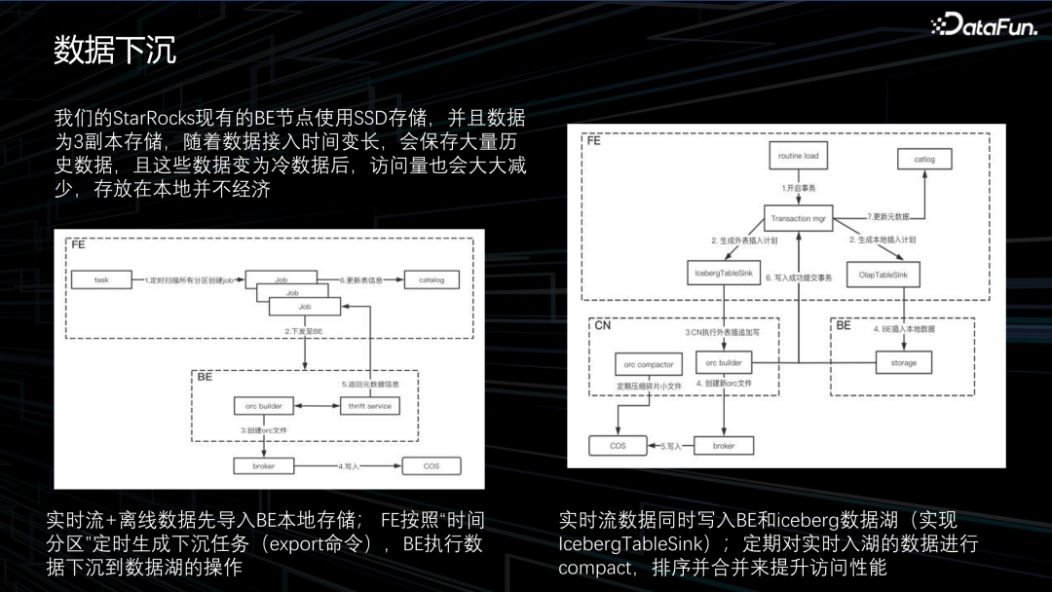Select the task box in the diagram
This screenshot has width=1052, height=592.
[x=101, y=279]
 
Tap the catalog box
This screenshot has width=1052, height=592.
[x=431, y=279]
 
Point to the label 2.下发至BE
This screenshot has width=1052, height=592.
[x=303, y=332]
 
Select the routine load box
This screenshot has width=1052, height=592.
[x=797, y=156]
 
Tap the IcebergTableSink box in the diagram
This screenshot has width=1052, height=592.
[x=722, y=274]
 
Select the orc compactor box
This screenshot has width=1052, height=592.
[x=648, y=364]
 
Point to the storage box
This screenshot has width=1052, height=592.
[x=896, y=363]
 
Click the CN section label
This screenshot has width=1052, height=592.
[x=602, y=326]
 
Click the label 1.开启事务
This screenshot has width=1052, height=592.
[x=797, y=186]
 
